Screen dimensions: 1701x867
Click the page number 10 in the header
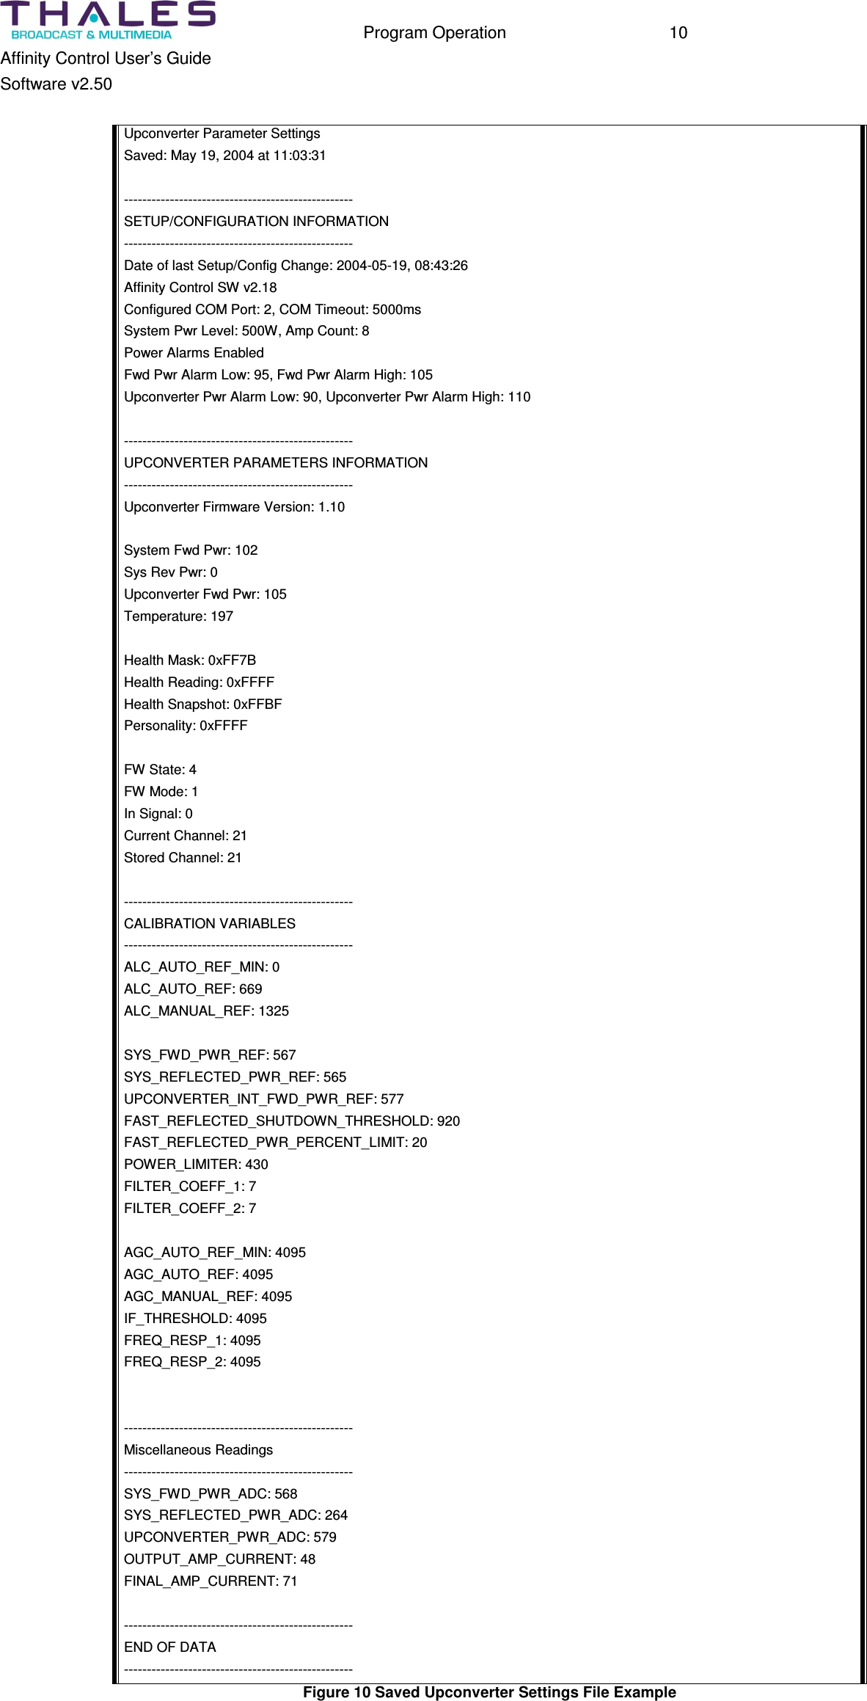[678, 33]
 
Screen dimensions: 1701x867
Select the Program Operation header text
[434, 33]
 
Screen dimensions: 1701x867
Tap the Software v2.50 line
[56, 84]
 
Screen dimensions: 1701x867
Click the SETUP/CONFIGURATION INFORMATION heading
[256, 222]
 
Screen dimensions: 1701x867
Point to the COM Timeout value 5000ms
[397, 310]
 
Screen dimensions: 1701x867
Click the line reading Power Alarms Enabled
[194, 353]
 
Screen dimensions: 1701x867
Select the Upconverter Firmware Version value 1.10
[332, 507]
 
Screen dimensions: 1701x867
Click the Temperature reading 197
[222, 616]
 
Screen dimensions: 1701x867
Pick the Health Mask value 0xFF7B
[232, 660]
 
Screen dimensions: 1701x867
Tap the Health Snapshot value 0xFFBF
[257, 704]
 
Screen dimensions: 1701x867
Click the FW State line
[160, 770]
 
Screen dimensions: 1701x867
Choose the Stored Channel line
[183, 858]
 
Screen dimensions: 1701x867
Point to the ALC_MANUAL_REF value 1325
[274, 1011]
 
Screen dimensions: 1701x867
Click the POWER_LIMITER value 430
[257, 1165]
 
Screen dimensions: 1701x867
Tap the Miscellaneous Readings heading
[198, 1450]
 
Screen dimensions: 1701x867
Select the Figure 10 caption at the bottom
[489, 1692]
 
